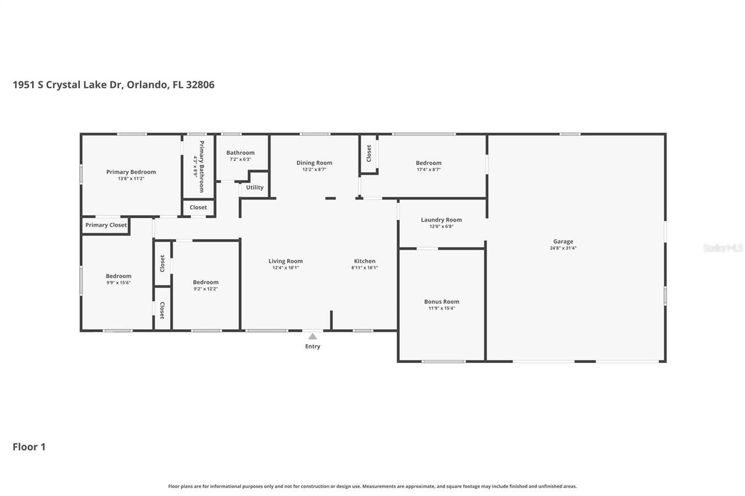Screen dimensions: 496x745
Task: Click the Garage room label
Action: (563, 241)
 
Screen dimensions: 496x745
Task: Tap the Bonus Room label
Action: (442, 301)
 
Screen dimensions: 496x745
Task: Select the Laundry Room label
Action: (441, 220)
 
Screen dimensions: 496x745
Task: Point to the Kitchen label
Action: (365, 261)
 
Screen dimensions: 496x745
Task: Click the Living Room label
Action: (285, 261)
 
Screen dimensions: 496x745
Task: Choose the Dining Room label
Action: (314, 163)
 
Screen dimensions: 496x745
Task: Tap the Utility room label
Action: (254, 187)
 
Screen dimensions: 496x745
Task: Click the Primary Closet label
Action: (106, 225)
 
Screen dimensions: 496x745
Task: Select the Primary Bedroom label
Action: (131, 172)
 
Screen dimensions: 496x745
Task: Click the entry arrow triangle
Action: (313, 336)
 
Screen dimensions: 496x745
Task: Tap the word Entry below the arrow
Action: (313, 347)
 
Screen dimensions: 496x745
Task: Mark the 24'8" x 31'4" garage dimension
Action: (563, 248)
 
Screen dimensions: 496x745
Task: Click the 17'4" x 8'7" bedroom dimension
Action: (428, 170)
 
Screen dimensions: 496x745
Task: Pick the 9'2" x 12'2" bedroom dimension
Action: (205, 289)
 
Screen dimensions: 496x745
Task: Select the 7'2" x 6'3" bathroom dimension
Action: (240, 159)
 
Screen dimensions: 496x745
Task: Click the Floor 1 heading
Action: (29, 447)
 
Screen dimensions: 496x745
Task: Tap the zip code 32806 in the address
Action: (199, 85)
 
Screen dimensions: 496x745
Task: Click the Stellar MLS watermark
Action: (723, 248)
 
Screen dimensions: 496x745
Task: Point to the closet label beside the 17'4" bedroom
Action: (368, 154)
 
